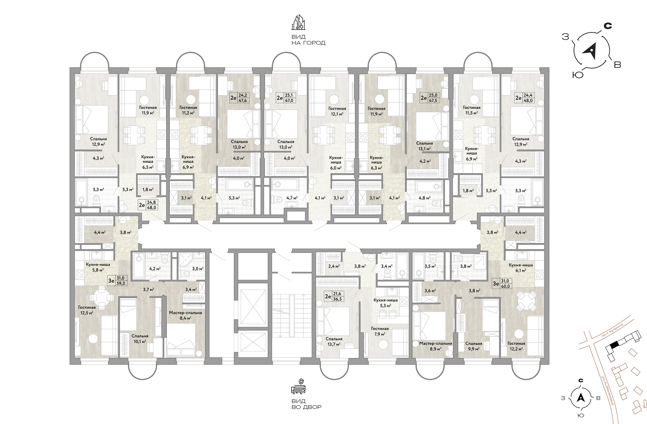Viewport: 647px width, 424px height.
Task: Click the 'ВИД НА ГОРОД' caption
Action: click(x=308, y=40)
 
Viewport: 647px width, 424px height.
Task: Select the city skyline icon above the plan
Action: click(x=298, y=22)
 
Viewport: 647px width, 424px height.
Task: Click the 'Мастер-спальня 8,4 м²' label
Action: click(x=185, y=315)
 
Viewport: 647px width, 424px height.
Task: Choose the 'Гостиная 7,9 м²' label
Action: click(x=380, y=331)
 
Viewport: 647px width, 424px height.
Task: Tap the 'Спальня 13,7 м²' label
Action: click(x=334, y=341)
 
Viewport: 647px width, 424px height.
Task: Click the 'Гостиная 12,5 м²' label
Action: click(x=87, y=310)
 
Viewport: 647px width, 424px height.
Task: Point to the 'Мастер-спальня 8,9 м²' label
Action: click(x=435, y=346)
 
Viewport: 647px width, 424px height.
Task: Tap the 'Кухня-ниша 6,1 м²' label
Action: click(x=521, y=268)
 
